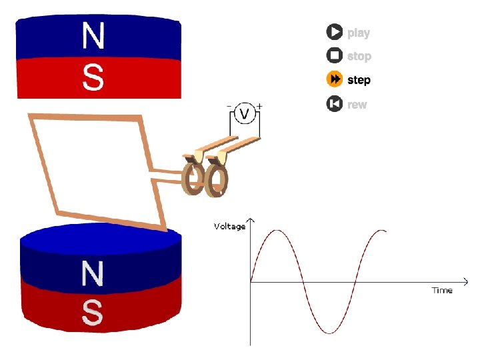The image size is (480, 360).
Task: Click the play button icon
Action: tap(334, 32)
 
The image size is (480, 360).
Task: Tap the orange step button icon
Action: tap(334, 80)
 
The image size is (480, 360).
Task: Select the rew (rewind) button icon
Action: tap(334, 104)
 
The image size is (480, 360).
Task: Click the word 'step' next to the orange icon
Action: tap(359, 81)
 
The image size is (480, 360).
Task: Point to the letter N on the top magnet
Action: tap(93, 36)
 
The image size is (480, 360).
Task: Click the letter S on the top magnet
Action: tap(93, 77)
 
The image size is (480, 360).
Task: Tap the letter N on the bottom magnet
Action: tap(93, 274)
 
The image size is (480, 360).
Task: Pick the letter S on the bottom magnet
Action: tap(93, 312)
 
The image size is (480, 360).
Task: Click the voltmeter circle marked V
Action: tap(244, 115)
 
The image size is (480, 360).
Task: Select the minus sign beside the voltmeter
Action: tap(229, 105)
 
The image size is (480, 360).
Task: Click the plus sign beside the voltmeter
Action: tap(259, 105)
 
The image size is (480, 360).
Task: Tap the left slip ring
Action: tap(194, 179)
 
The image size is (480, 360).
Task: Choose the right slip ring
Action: tap(217, 181)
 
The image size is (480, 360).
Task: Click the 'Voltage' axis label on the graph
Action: tap(229, 226)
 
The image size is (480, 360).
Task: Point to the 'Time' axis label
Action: tap(442, 290)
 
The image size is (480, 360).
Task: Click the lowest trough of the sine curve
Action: tap(329, 332)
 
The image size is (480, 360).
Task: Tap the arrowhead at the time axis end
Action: tap(464, 281)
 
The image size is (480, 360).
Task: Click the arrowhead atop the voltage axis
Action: tap(251, 219)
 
